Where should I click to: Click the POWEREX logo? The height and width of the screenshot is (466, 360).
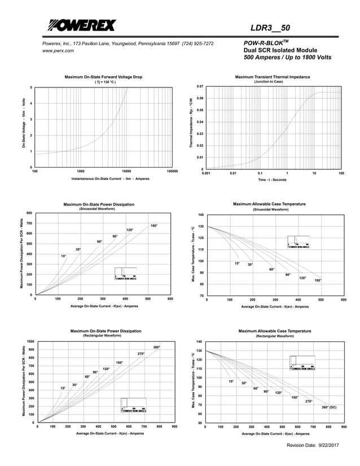click(x=82, y=25)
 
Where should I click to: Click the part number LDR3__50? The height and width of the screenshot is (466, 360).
click(x=270, y=28)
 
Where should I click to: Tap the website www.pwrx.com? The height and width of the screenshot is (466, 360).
click(x=58, y=51)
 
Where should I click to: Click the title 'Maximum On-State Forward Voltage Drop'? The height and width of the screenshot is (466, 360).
click(x=103, y=76)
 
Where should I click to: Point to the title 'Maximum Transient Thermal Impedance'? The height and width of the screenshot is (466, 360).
click(x=273, y=76)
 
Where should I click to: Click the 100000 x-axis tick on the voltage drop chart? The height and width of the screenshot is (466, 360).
click(x=172, y=170)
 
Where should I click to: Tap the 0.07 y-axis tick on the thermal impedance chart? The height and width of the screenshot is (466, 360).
click(x=200, y=87)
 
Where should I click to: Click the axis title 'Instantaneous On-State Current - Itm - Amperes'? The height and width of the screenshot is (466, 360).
click(x=111, y=179)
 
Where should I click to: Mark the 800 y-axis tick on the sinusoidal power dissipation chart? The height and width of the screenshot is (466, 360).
click(x=29, y=213)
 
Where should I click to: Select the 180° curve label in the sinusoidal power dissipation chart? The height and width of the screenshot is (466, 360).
click(x=154, y=226)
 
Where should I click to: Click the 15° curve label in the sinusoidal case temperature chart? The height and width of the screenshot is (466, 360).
click(x=237, y=263)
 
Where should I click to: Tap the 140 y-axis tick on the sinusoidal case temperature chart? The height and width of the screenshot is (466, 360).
click(x=200, y=215)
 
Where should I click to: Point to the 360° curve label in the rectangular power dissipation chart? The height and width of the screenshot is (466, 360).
click(x=156, y=347)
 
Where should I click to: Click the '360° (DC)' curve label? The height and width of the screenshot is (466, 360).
click(x=329, y=407)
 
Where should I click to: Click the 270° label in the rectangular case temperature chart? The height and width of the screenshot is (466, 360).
click(x=309, y=401)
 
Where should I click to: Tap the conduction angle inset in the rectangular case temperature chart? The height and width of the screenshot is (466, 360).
click(x=302, y=363)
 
